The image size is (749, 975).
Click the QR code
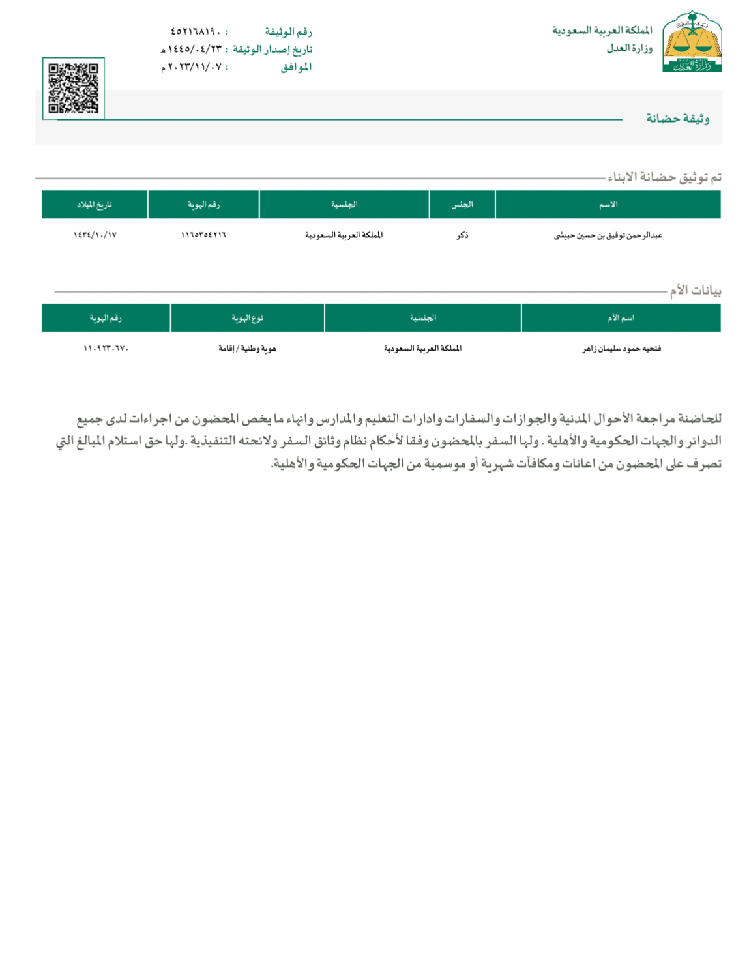point(74,88)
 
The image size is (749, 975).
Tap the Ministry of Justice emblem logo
point(692,42)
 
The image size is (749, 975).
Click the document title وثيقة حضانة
point(677,119)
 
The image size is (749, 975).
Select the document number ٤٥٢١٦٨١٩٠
point(196,31)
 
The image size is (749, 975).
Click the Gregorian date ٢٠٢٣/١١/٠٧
point(194,66)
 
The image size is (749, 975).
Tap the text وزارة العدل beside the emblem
point(629,48)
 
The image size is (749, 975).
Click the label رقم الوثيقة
point(288,31)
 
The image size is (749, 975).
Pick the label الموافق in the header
point(296,66)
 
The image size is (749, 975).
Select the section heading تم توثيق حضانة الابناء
point(664,177)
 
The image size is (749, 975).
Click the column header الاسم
point(608,205)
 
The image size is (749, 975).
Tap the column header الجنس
point(462,205)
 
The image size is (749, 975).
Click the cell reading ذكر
point(462,235)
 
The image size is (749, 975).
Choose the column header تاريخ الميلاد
point(95,205)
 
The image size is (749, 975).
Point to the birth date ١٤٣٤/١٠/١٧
point(95,235)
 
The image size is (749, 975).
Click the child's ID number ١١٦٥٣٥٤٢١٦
point(203,235)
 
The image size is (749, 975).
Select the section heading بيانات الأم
point(695,290)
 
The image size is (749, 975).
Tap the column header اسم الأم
point(621,318)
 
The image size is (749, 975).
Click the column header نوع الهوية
point(247,318)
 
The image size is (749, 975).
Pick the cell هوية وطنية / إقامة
point(247,349)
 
